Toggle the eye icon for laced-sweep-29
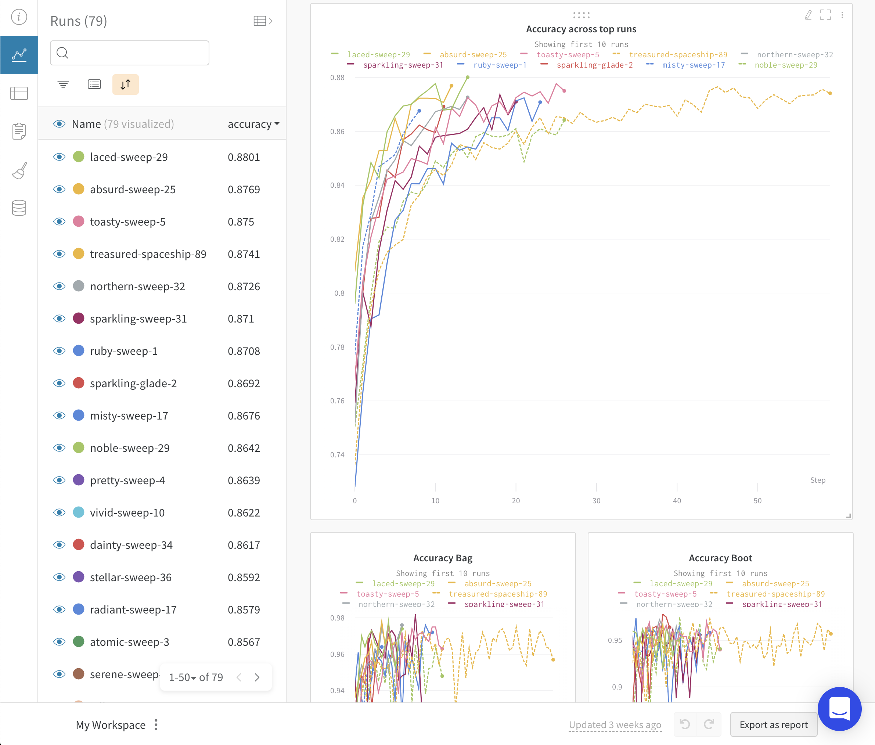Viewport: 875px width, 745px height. (60, 157)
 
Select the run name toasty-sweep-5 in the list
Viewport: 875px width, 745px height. (127, 222)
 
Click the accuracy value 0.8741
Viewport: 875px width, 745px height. (244, 254)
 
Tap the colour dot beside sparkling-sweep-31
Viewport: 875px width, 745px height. (79, 318)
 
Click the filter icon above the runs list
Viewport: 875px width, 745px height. (63, 84)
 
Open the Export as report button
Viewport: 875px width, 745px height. (773, 725)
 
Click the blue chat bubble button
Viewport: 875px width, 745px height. (839, 709)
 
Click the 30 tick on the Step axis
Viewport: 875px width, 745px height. (596, 500)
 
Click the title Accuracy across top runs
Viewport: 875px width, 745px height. (581, 29)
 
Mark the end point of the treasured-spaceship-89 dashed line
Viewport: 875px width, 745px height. (830, 93)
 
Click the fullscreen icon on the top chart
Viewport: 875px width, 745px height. (825, 15)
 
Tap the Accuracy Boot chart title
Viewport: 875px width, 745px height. (720, 558)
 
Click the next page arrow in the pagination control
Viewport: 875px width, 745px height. (257, 677)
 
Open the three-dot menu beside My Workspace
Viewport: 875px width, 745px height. (156, 725)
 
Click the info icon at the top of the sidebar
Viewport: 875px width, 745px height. (19, 17)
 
